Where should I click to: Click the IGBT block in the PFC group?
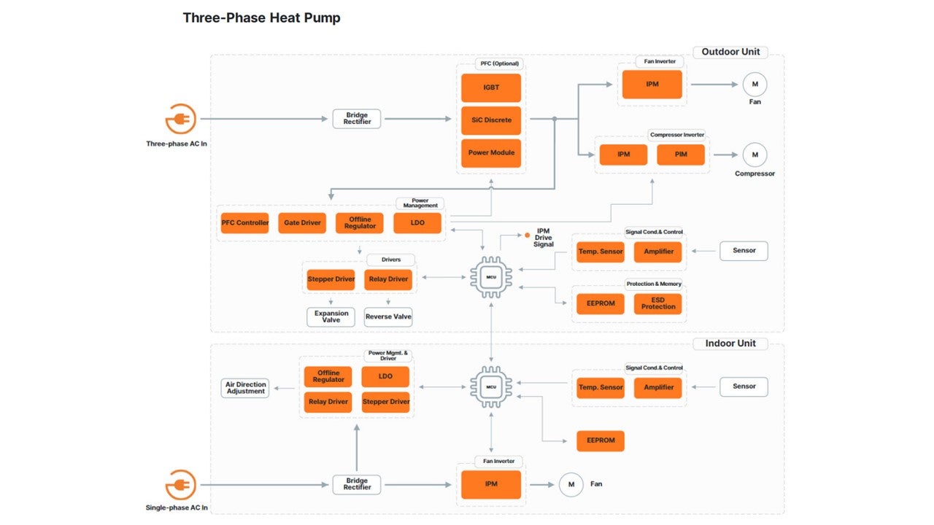coord(491,87)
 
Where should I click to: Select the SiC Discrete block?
coord(491,120)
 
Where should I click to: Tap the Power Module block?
coord(491,153)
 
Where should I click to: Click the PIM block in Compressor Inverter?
coord(681,155)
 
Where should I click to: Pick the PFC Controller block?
coord(244,223)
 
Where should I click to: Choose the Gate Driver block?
coord(302,223)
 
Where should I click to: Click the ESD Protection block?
coord(658,303)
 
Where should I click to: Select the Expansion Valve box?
coord(331,317)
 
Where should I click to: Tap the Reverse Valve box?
coord(388,317)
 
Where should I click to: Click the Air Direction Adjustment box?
coord(245,389)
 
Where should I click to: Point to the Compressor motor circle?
coord(755,155)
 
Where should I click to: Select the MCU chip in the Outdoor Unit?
coord(491,276)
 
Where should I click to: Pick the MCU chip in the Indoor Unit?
coord(491,386)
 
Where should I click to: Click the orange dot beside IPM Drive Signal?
coord(528,236)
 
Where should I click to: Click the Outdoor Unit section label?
coord(730,52)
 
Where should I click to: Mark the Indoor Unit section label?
coord(730,343)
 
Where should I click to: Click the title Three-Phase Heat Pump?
coord(261,18)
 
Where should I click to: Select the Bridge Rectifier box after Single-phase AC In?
coord(357,485)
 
